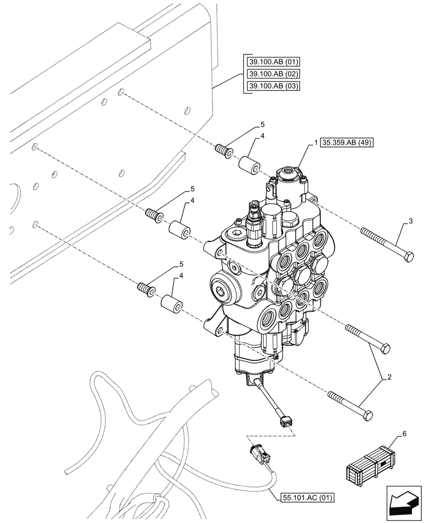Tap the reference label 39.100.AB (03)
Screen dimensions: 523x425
coord(272,86)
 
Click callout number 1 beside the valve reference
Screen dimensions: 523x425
coord(317,142)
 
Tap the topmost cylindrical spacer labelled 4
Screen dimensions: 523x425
coord(249,163)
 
